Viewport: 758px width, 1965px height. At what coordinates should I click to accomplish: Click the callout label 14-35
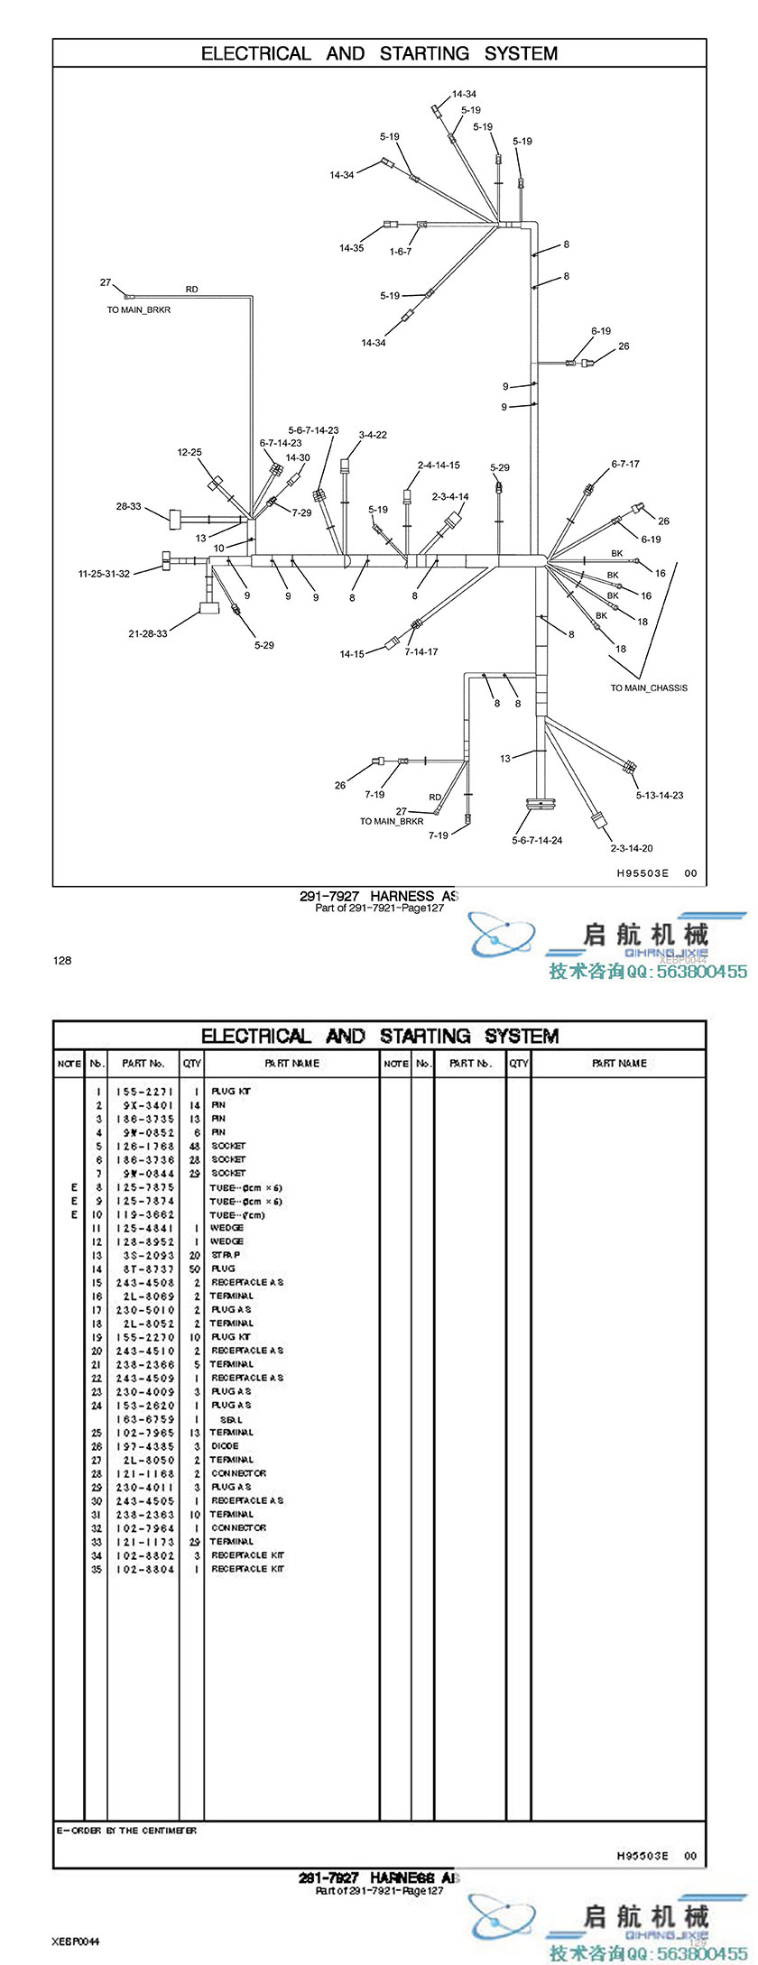351,248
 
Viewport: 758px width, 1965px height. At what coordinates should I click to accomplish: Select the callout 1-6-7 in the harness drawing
400,252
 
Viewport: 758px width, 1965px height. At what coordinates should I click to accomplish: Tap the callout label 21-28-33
147,634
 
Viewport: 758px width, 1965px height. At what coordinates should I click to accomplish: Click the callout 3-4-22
373,435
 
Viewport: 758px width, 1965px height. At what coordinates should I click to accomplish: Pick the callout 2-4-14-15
439,466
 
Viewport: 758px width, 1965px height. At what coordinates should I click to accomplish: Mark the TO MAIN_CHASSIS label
648,688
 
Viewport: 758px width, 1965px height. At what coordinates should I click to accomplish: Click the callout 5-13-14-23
659,796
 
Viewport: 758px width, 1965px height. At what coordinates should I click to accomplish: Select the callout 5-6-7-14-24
537,841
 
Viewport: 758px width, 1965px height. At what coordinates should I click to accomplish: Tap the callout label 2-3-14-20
631,848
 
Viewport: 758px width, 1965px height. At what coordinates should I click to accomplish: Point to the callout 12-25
189,453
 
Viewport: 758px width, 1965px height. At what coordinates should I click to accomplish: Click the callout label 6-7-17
625,465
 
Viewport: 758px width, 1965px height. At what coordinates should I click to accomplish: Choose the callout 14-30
298,458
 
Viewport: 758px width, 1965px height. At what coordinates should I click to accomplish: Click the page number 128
61,961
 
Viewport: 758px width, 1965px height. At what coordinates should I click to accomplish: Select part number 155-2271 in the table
144,1092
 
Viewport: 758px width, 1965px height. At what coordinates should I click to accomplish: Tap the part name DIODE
225,1446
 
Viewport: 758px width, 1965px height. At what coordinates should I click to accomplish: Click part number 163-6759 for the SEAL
144,1419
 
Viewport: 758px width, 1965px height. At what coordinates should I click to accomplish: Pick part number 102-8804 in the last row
144,1569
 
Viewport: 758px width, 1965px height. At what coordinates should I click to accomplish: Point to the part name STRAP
226,1255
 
